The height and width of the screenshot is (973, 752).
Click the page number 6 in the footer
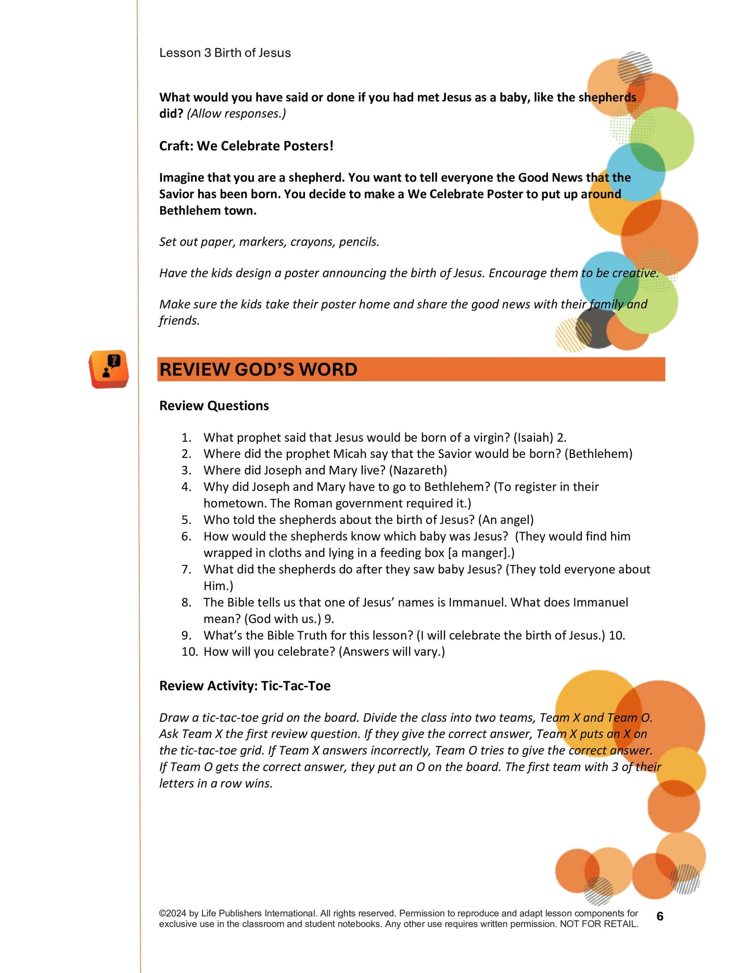coord(660,916)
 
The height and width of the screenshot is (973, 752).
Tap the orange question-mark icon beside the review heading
coord(109,369)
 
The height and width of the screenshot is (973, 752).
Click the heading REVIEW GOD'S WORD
coord(258,369)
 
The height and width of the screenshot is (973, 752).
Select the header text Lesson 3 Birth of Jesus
coord(225,53)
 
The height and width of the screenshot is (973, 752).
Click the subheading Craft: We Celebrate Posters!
coord(246,146)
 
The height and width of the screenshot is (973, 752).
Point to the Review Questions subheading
coord(214,406)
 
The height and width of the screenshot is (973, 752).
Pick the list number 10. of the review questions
coord(189,652)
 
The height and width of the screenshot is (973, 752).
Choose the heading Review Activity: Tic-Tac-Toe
coord(245,686)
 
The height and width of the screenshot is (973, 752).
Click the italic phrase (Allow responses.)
coord(236,114)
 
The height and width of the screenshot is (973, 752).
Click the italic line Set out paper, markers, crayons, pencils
coord(269,242)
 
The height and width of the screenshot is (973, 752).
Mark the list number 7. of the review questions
coord(186,570)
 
